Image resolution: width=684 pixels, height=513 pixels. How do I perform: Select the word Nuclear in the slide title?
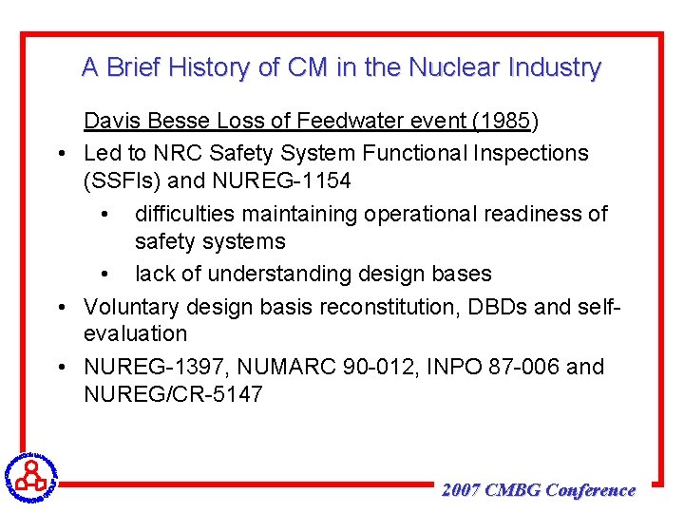pos(452,68)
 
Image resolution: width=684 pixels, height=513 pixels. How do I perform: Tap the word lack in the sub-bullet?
pos(154,274)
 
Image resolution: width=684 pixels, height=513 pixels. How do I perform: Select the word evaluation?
pos(135,334)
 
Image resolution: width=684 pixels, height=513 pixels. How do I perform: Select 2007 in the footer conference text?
pos(461,490)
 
